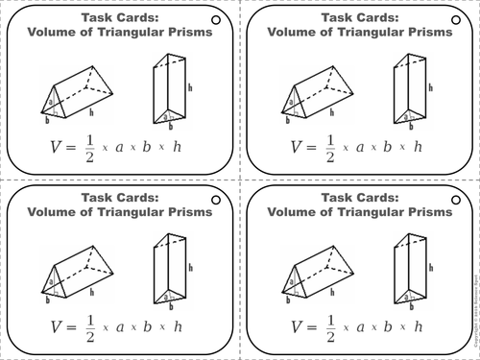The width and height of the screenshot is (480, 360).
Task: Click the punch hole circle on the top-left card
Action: click(215, 17)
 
